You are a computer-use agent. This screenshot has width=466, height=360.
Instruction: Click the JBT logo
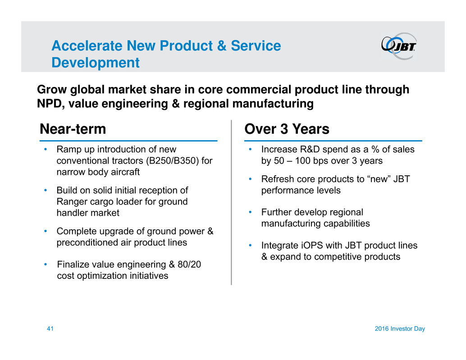pos(399,46)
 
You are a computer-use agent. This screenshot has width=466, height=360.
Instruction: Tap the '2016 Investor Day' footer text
pos(400,329)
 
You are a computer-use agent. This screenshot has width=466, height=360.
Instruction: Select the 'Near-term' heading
pos(73,129)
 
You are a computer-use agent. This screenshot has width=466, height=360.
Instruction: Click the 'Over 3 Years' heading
pos(287,129)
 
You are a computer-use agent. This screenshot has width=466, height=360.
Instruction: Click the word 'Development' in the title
pos(95,63)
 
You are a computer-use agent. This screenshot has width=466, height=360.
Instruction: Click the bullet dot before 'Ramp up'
pos(46,149)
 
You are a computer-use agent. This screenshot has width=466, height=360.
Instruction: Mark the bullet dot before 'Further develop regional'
pos(251,212)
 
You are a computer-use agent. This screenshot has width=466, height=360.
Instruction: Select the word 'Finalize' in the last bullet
pos(73,264)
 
